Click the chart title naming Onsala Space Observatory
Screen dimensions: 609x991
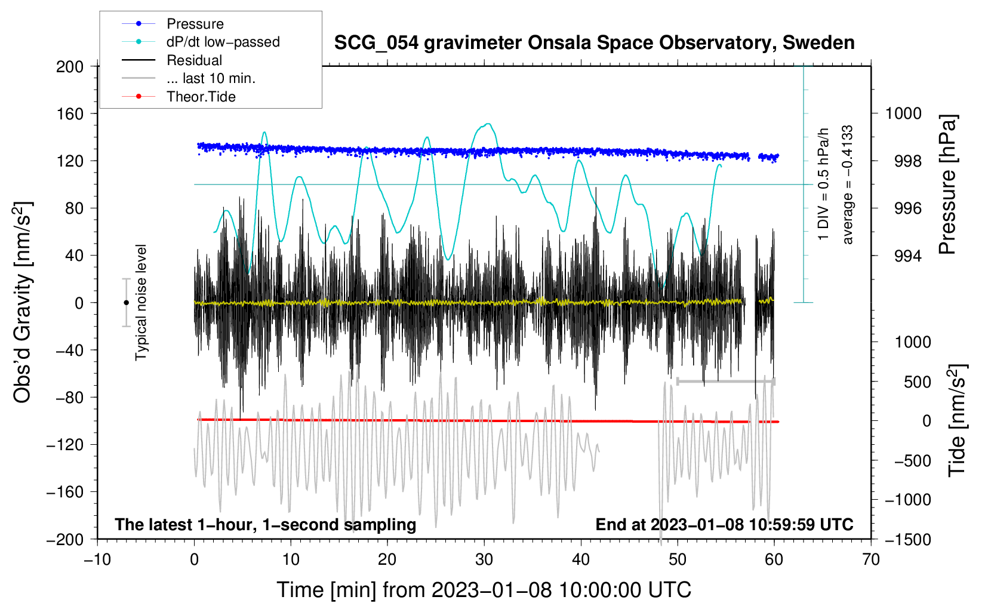594,43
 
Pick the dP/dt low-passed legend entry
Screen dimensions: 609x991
223,42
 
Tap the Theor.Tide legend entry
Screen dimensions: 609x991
201,97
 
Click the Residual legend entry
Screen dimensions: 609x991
194,60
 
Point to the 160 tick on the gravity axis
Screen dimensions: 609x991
70,113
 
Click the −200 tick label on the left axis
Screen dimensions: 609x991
66,539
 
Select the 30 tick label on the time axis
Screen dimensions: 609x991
484,559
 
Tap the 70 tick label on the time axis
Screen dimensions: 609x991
871,559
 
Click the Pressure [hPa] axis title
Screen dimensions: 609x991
948,184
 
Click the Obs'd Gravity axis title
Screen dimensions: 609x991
22,303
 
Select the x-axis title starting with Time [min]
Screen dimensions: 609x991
484,590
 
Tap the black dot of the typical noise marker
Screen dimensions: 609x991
126,303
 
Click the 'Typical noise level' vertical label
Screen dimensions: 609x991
141,303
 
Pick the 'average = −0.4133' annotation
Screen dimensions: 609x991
848,184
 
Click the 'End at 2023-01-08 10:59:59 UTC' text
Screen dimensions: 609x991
724,524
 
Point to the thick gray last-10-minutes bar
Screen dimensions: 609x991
725,381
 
